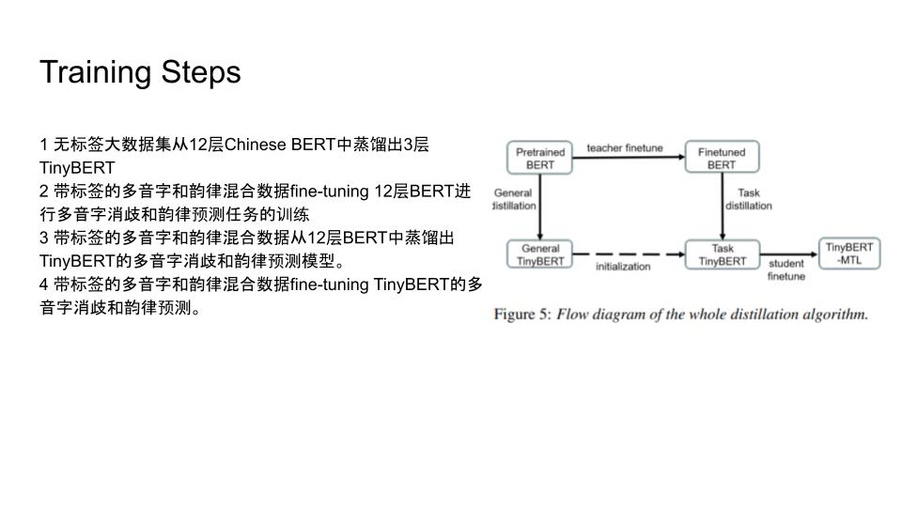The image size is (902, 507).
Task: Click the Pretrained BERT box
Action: click(x=539, y=158)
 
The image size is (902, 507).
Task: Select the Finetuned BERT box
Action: click(x=722, y=157)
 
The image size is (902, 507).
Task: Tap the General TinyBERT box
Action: click(x=539, y=254)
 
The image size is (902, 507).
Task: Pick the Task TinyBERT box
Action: click(x=723, y=254)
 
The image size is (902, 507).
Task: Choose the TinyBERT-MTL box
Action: click(x=849, y=253)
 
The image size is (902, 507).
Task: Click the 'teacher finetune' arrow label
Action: click(x=625, y=147)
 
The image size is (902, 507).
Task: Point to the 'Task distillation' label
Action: click(x=749, y=199)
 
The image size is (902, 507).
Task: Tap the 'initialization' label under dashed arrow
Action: click(x=623, y=266)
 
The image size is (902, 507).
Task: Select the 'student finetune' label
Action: click(x=786, y=269)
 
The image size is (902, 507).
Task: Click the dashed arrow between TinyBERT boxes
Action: click(x=629, y=254)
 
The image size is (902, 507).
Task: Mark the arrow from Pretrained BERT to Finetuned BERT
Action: click(x=629, y=157)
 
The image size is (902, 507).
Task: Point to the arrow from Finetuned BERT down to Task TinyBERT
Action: click(x=723, y=207)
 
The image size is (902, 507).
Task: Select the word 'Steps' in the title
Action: click(x=201, y=73)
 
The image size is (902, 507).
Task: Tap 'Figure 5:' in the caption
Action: click(x=522, y=315)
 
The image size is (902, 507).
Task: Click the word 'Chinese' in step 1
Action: click(x=255, y=145)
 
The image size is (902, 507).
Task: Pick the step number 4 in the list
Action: click(x=44, y=284)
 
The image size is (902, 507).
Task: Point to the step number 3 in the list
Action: click(x=44, y=238)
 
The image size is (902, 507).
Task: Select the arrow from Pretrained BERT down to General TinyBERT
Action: click(x=539, y=207)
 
